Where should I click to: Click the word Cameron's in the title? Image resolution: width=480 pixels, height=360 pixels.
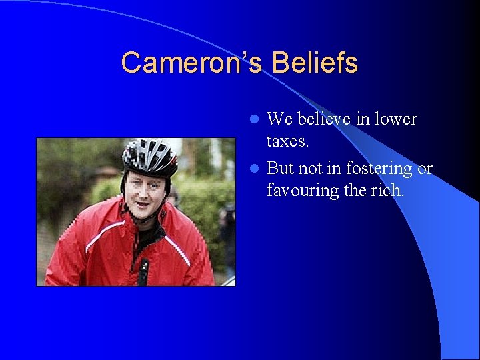click(x=193, y=63)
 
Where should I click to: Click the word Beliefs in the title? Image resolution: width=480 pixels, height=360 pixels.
click(x=316, y=63)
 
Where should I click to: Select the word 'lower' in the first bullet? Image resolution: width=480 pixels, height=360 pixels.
click(x=395, y=119)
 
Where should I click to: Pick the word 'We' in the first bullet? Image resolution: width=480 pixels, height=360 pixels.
click(x=279, y=119)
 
